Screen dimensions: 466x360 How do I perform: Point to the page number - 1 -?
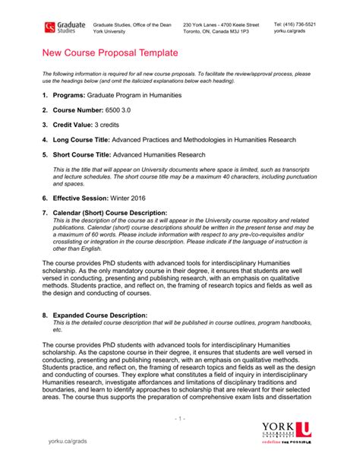(x=179, y=418)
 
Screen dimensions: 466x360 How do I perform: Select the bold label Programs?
(x=68, y=97)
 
